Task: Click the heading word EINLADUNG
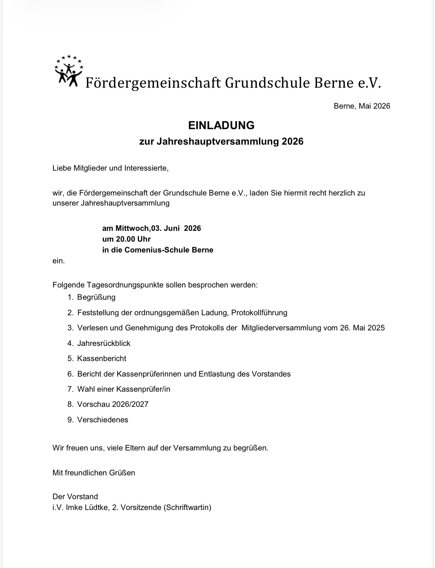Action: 221,125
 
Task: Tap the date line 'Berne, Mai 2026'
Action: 362,106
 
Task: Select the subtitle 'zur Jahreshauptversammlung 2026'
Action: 221,141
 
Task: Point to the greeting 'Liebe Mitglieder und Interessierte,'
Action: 110,168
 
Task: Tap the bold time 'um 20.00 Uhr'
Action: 126,239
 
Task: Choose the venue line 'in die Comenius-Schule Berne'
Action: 158,250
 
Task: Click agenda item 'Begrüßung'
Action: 96,297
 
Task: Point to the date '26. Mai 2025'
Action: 362,328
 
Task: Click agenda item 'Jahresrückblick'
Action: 104,343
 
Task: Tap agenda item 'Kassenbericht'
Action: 101,358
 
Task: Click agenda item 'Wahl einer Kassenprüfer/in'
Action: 123,389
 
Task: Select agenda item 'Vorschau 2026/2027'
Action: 113,404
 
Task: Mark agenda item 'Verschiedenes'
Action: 102,420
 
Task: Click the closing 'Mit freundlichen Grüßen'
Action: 94,473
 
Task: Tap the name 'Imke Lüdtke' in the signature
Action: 87,507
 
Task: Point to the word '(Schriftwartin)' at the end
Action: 187,507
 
